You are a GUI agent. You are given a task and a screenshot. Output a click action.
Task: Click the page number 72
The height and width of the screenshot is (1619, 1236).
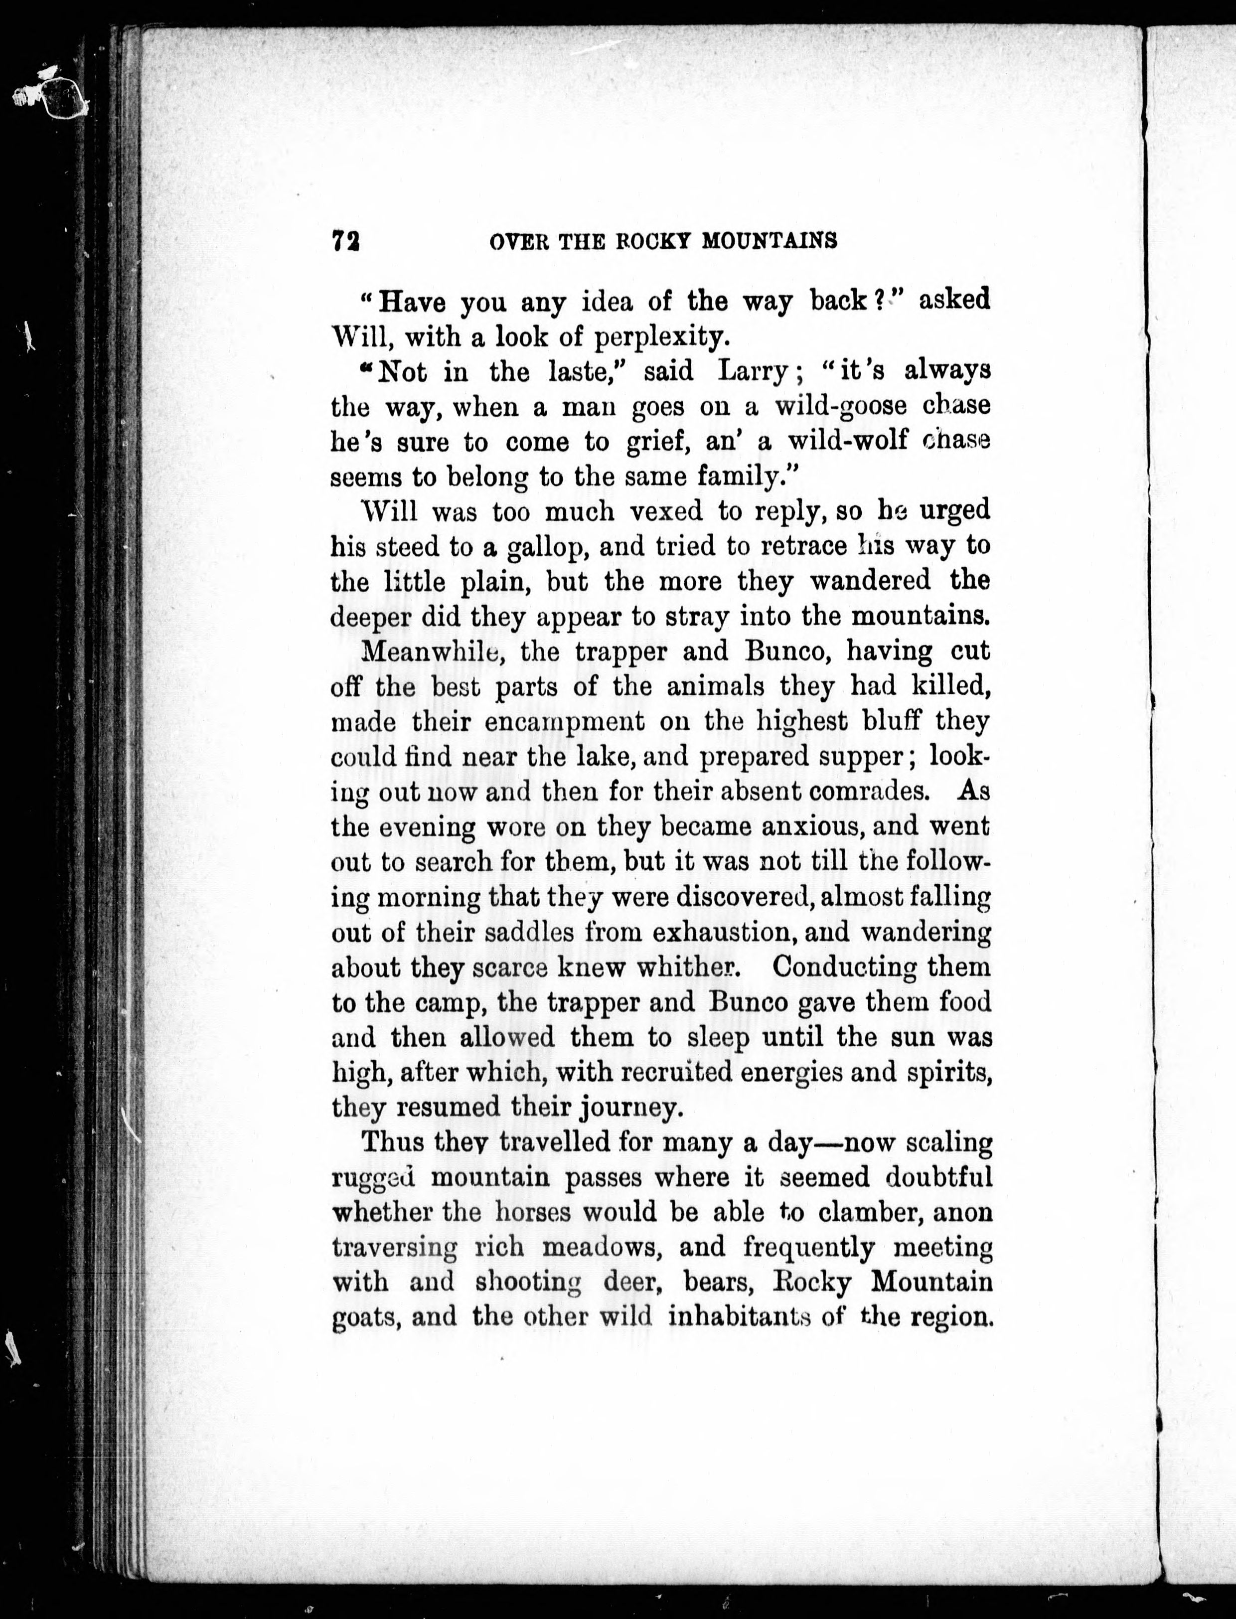pos(345,241)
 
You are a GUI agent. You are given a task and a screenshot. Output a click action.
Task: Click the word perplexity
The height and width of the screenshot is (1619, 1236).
pos(661,337)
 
